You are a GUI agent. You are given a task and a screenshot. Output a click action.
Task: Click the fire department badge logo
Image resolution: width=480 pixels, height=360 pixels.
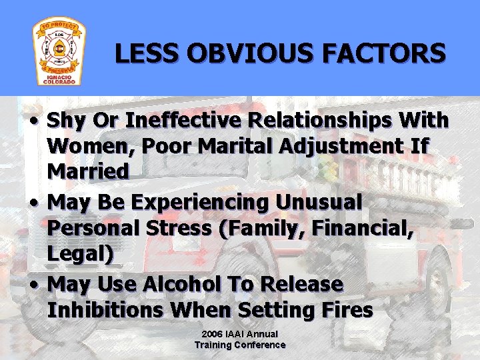pos(59,52)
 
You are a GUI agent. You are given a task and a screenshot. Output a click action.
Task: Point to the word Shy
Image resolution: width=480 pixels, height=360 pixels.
pos(68,121)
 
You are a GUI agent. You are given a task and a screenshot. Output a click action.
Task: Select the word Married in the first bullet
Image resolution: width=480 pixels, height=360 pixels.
pos(88,171)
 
